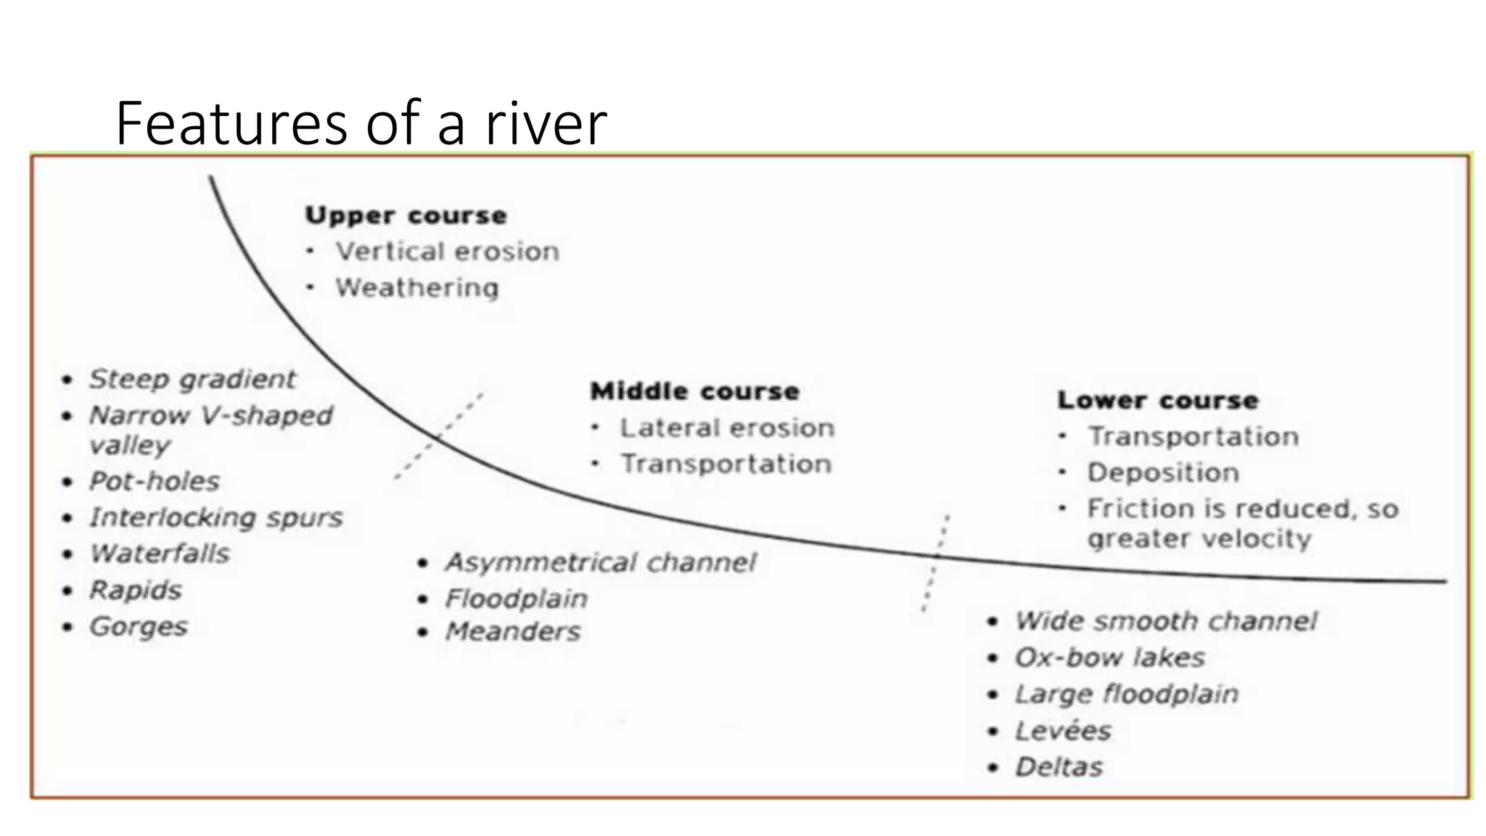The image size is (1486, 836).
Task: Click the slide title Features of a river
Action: click(x=361, y=123)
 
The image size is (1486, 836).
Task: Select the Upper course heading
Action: click(x=406, y=216)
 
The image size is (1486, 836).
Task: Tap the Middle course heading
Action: click(x=694, y=391)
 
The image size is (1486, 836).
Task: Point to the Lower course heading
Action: click(x=1157, y=400)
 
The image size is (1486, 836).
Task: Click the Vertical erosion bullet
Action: click(x=447, y=251)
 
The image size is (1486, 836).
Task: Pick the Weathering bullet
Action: click(x=416, y=287)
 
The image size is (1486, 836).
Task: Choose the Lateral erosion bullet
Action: click(x=726, y=427)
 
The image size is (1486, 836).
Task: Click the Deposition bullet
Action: click(x=1162, y=472)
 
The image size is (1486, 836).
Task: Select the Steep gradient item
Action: click(x=192, y=379)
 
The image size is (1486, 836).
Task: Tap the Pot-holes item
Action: click(x=154, y=481)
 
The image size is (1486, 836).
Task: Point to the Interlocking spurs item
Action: click(x=215, y=517)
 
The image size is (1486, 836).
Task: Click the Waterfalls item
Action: click(x=160, y=554)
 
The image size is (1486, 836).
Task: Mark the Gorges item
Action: click(x=139, y=626)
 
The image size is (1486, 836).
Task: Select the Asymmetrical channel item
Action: click(x=600, y=562)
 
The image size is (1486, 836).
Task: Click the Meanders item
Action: click(x=513, y=631)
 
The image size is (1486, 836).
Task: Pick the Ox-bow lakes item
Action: click(x=1109, y=657)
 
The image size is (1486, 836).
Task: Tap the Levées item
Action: click(x=1063, y=730)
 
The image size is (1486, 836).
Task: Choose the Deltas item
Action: click(x=1059, y=767)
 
